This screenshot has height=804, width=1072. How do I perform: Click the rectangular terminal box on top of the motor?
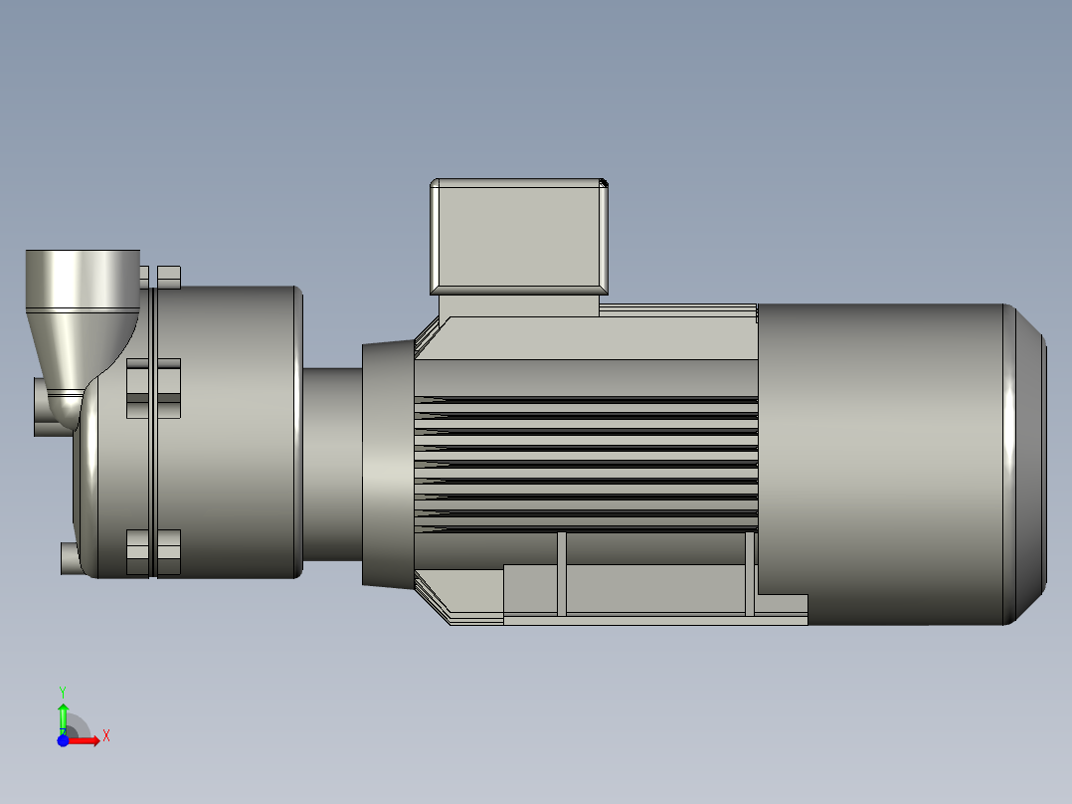tap(518, 237)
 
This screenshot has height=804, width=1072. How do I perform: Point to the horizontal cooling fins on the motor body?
tap(587, 463)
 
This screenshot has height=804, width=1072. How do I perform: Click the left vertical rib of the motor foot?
tap(562, 573)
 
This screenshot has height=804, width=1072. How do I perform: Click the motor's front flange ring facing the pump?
tap(388, 464)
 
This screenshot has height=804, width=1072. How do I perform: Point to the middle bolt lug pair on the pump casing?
tap(153, 388)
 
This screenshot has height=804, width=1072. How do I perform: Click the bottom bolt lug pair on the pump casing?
tap(153, 553)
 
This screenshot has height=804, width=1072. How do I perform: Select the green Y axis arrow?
tap(63, 714)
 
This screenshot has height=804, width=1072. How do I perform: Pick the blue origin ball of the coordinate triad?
tap(63, 740)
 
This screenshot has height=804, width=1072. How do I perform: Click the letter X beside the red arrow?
tap(106, 736)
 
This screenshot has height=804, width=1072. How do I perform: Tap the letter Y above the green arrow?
tap(63, 691)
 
